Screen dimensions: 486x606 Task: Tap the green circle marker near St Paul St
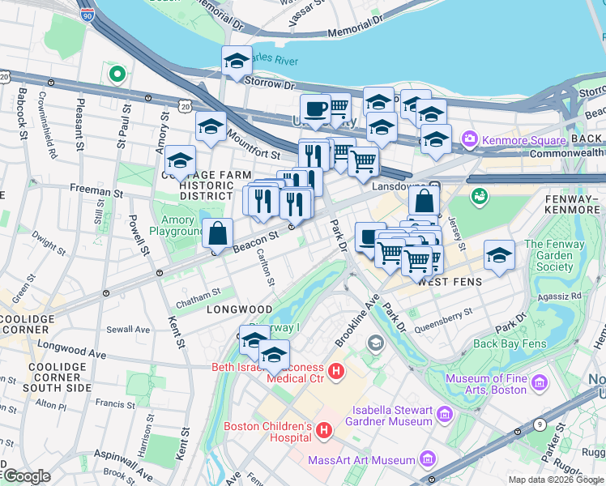coord(117,75)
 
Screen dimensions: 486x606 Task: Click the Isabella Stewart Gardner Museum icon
coord(444,416)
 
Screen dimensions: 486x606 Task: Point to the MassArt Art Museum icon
coord(428,461)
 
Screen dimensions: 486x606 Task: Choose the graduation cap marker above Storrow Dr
coord(237,61)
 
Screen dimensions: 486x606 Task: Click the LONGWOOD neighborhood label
coord(239,309)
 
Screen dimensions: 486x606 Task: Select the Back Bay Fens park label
coord(509,343)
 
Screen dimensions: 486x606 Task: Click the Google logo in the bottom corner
coord(27,476)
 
